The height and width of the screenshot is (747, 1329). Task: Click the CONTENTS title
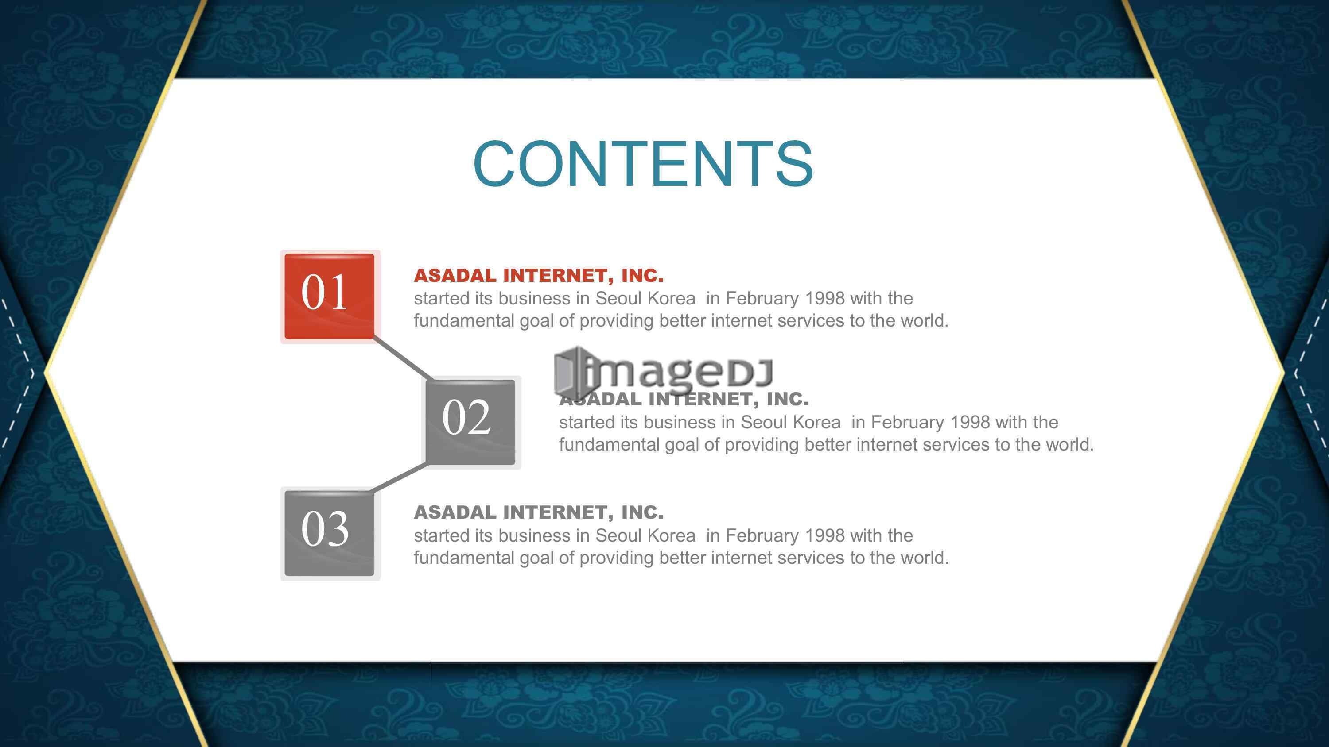[643, 164]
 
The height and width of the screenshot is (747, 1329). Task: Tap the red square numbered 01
[330, 296]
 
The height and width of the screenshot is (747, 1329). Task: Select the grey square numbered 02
[470, 422]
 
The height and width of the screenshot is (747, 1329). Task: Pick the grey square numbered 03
[330, 533]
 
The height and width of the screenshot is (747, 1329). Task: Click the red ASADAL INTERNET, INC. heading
[539, 275]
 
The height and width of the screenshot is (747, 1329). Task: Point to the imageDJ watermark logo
[663, 373]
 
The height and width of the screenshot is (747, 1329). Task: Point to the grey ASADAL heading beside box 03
[539, 512]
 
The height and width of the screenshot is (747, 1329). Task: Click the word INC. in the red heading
[642, 275]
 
